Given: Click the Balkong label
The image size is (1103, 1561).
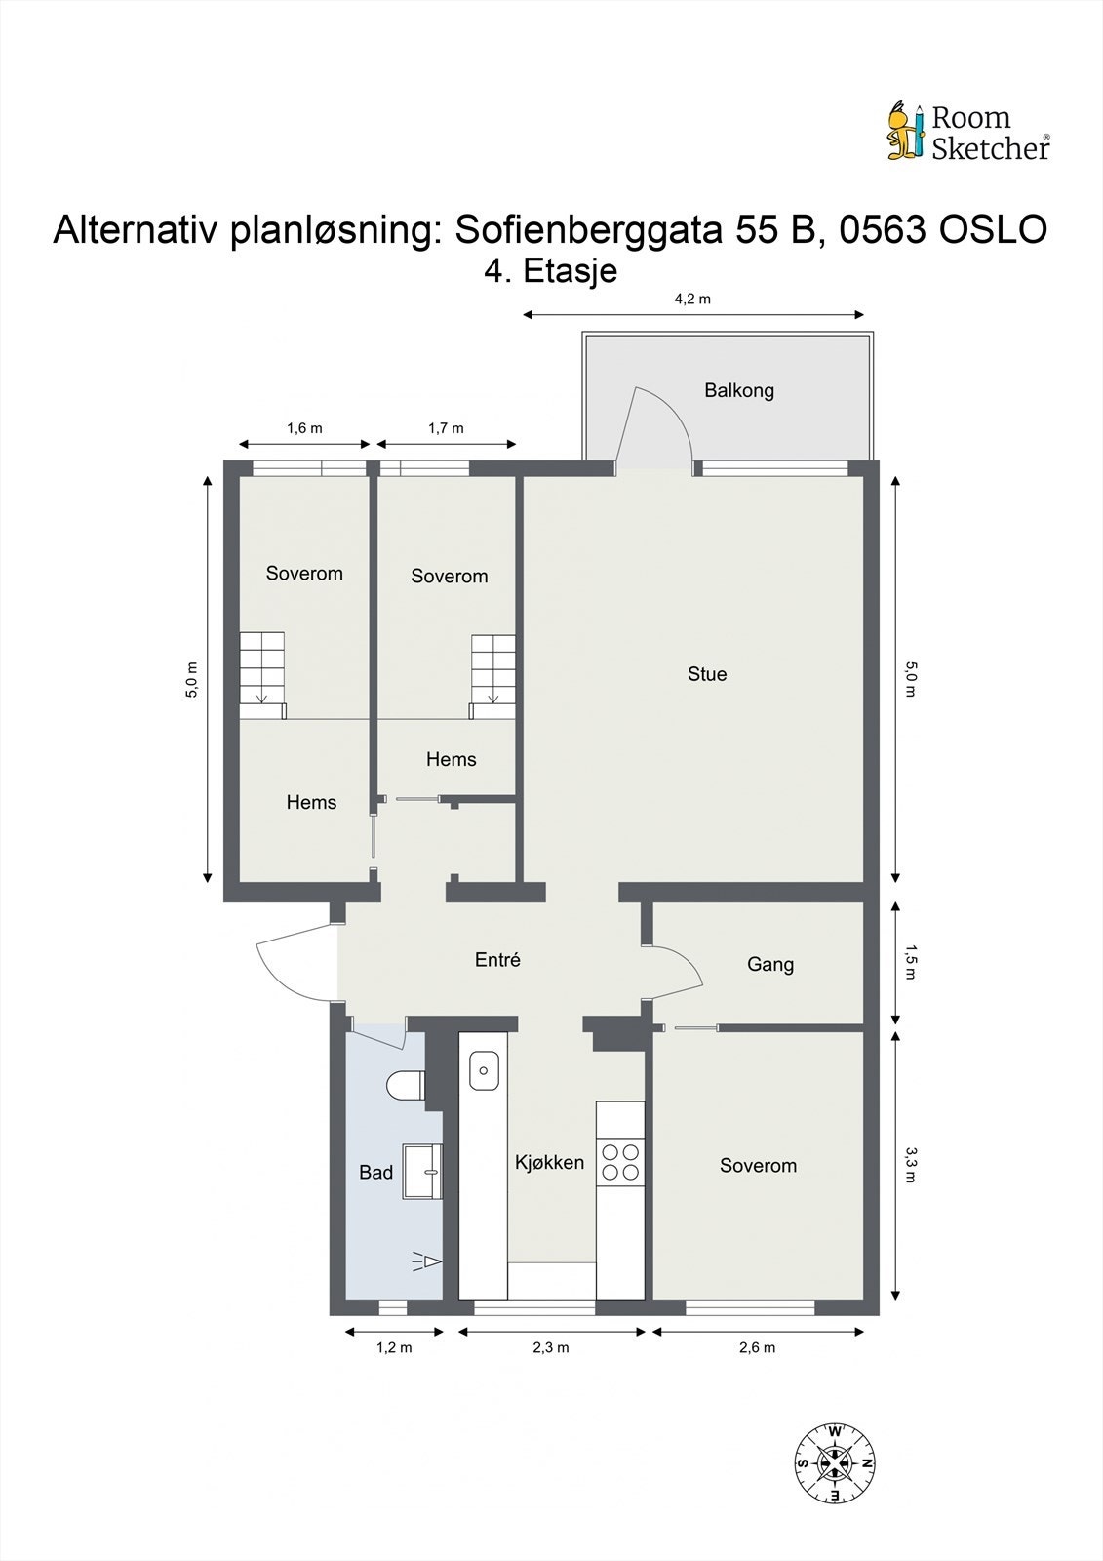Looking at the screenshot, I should point(739,390).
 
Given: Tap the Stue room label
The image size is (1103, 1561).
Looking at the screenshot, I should point(707,674).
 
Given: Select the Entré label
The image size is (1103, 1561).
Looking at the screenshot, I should point(497,960).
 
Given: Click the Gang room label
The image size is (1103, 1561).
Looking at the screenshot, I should point(770,964).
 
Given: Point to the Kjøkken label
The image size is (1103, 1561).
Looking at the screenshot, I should point(549,1162).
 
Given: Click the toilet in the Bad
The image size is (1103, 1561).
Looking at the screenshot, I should point(406,1085).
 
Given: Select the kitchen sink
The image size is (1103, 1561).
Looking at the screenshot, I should point(484,1070).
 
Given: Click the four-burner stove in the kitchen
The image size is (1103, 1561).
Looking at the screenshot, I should point(620,1161).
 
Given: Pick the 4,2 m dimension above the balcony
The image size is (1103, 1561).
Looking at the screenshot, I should point(692,300).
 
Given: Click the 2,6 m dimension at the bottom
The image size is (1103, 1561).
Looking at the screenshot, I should point(757,1348).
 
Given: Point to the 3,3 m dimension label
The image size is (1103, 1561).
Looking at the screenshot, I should point(910,1163).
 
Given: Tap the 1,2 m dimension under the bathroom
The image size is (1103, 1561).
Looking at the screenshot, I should point(394,1348).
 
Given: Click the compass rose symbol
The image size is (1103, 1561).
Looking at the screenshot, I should point(834,1461).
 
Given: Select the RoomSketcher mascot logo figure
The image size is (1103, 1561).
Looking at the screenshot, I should point(904,131).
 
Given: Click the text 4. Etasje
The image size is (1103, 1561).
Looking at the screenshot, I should point(551,270).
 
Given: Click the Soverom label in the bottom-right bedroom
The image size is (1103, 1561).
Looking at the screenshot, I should point(758,1165).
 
